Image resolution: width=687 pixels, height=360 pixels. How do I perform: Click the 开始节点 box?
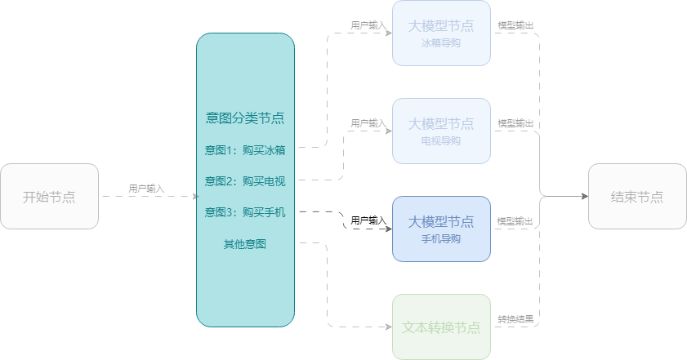point(49,196)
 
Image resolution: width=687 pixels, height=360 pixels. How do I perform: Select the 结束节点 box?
point(637,196)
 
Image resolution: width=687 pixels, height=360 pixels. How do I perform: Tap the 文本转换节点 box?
point(441,327)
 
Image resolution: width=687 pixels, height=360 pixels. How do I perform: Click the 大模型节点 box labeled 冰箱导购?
point(441,33)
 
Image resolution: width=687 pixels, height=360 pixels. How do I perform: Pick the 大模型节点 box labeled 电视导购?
point(441,131)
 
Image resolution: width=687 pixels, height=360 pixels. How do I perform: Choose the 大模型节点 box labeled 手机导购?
point(441,229)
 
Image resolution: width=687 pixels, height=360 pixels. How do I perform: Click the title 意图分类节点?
point(245,118)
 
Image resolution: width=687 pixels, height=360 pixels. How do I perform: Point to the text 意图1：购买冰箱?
point(245,149)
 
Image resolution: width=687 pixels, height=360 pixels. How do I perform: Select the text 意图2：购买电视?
point(245,180)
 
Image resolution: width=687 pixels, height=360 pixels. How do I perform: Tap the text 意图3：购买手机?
point(245,212)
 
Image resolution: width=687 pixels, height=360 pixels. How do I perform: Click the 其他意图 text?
point(245,243)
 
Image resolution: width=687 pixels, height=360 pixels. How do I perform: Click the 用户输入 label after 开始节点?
point(146,189)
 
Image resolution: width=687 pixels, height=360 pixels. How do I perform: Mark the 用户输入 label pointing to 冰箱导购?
point(368,25)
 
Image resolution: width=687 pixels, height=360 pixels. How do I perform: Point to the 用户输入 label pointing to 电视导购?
point(368,123)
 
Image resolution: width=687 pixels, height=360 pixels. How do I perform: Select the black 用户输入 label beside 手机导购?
point(368,220)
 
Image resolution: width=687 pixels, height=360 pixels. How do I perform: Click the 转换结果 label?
point(515,318)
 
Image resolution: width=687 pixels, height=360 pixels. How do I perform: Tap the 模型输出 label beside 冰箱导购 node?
point(515,25)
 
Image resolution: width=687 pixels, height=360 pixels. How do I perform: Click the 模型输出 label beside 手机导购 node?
point(515,221)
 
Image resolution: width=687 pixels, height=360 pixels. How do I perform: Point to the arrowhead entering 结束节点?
point(584,196)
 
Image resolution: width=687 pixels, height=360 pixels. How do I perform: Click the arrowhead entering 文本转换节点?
point(388,327)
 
